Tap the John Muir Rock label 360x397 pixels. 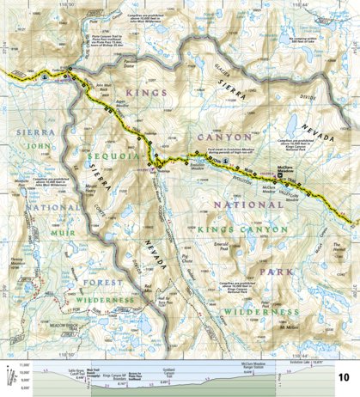(104, 89)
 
